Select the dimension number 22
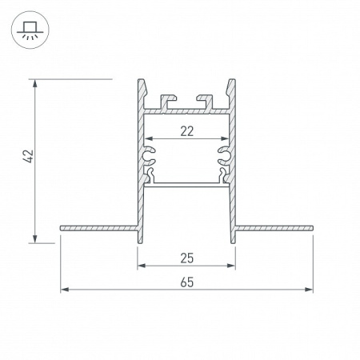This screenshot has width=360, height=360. click(x=186, y=132)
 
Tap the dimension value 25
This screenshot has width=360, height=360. click(x=186, y=258)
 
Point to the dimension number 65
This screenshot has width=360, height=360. click(x=186, y=282)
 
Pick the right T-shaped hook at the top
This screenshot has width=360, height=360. click(x=206, y=101)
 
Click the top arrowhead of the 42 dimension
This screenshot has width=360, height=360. click(x=35, y=83)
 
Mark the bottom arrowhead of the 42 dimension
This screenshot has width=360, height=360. click(x=35, y=237)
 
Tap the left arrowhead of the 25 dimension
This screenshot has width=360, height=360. click(x=142, y=266)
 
